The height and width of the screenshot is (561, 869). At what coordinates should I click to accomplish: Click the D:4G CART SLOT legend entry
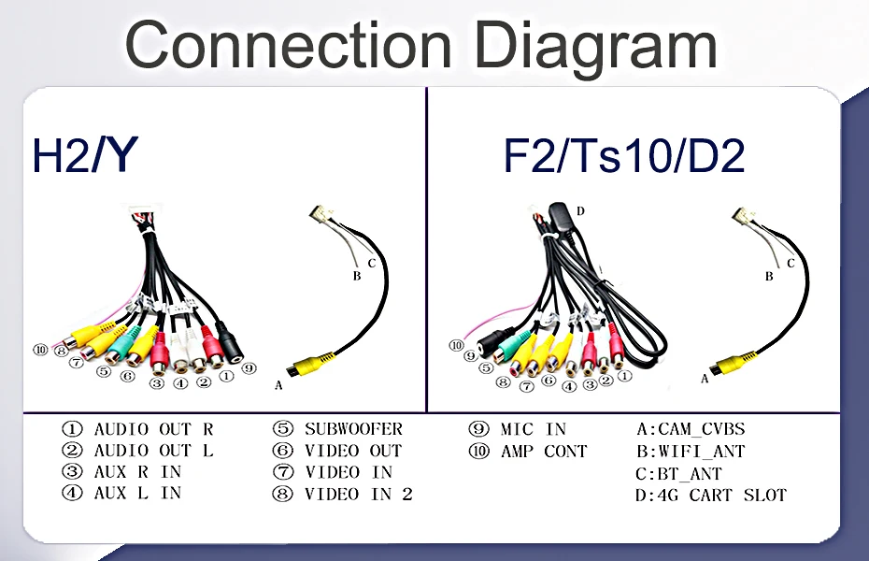click(x=710, y=495)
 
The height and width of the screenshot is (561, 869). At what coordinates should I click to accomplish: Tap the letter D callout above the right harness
click(x=580, y=211)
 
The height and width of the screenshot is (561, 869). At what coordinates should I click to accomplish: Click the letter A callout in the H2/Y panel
click(x=278, y=384)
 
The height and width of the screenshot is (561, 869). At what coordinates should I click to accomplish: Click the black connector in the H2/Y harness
click(x=230, y=345)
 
